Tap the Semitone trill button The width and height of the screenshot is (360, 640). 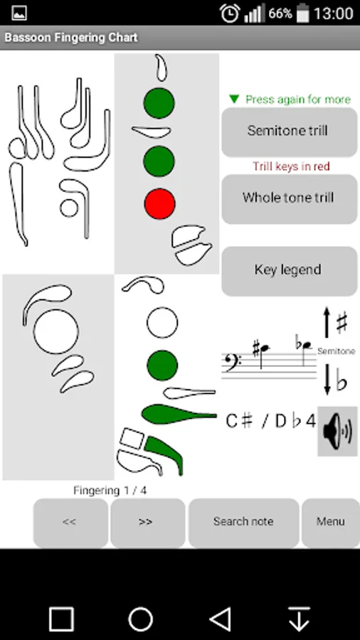tap(290, 132)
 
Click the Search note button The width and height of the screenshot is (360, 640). tap(243, 522)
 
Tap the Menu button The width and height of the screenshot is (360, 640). tap(331, 522)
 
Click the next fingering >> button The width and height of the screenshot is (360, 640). tap(147, 522)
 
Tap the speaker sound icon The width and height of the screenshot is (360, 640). tap(337, 431)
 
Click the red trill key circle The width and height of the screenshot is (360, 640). tap(159, 203)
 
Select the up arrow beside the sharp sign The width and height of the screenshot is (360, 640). tap(327, 322)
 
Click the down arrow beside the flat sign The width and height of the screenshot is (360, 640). tap(327, 380)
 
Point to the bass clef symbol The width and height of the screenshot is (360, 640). tap(231, 361)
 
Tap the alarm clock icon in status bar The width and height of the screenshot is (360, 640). tap(230, 13)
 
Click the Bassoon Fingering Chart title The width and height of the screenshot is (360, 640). tap(71, 38)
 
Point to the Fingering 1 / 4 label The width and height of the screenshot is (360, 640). tap(110, 490)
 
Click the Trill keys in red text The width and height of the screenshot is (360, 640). tap(291, 166)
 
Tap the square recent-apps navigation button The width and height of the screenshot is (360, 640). tap(62, 619)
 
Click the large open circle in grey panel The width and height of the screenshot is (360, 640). tap(56, 331)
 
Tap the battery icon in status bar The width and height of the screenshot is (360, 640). tap(303, 13)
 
